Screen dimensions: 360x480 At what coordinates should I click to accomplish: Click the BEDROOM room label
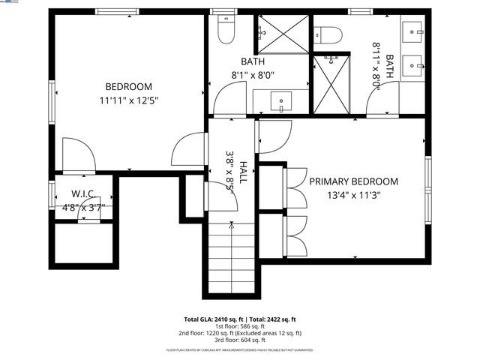coord(129,86)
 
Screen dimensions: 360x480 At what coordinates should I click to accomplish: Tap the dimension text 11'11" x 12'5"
coord(129,100)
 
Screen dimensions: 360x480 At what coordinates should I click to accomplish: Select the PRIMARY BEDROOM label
coord(353,181)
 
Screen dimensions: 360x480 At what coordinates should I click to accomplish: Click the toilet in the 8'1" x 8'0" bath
coord(224,31)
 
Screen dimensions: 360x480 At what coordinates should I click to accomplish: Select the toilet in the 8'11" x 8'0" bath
coord(328,34)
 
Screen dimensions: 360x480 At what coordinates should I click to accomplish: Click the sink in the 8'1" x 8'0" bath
coord(281,100)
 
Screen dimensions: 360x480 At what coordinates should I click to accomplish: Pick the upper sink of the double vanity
coord(413,31)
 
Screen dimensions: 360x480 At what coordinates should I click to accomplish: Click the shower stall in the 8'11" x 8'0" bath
coord(331,83)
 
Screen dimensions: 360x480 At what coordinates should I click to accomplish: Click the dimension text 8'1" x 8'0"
coord(253,75)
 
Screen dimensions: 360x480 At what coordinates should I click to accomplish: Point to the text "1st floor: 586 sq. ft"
coord(239,325)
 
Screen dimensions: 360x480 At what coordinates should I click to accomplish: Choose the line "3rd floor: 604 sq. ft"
coord(239,340)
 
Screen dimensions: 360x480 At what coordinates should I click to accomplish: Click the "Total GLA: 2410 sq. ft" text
coord(212,319)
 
